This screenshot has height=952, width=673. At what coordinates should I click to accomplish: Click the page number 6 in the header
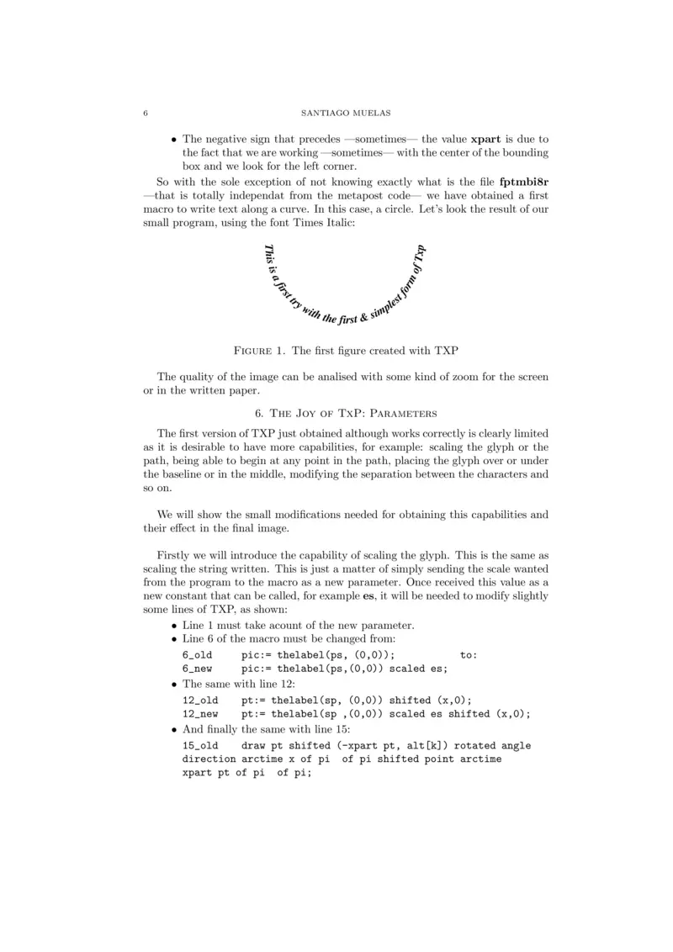point(146,113)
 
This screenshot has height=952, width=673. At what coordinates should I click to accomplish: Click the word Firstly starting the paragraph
point(175,557)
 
